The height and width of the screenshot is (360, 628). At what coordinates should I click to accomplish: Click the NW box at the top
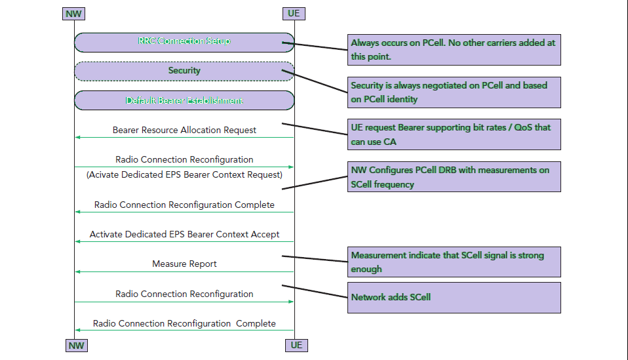tap(75, 13)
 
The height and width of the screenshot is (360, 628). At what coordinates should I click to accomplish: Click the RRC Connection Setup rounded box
tap(184, 42)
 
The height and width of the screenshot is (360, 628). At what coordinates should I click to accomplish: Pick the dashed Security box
tap(184, 71)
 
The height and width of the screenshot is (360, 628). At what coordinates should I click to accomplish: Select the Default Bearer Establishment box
tap(184, 100)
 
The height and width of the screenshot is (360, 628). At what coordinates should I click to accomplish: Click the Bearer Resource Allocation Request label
tap(184, 130)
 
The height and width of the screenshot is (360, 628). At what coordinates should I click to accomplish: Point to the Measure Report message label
tap(184, 264)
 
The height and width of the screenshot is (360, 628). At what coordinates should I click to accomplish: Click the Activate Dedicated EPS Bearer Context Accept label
tap(184, 234)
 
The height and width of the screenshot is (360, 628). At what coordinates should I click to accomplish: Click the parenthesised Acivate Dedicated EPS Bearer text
tap(184, 174)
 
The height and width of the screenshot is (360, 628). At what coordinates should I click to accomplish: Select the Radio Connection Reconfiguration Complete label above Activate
tap(184, 205)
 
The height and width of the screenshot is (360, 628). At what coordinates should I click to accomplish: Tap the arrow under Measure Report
tap(184, 271)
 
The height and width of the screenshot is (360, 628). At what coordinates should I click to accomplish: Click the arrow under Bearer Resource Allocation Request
tap(184, 137)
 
